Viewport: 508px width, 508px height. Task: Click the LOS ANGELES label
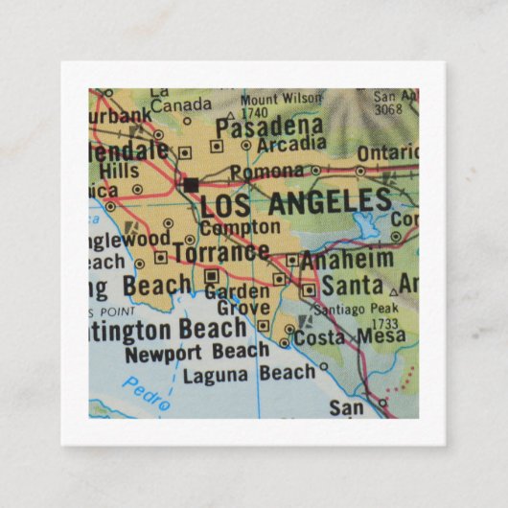(x=295, y=202)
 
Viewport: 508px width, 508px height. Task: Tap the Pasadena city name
(x=267, y=127)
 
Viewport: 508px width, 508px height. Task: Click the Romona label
(x=272, y=172)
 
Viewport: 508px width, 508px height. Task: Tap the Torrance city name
(x=219, y=252)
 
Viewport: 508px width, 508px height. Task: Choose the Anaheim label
(x=347, y=259)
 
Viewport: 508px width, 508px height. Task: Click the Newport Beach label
(x=197, y=351)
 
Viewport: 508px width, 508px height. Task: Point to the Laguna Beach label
(x=248, y=372)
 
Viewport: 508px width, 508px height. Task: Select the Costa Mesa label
(x=349, y=337)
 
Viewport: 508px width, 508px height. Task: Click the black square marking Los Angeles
(x=191, y=183)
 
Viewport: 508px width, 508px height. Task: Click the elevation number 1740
(x=254, y=111)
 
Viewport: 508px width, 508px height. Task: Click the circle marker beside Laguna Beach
(x=323, y=366)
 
